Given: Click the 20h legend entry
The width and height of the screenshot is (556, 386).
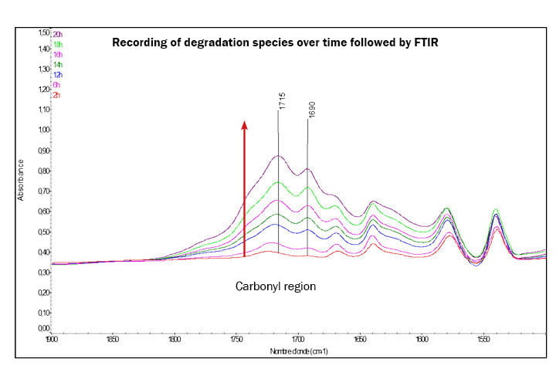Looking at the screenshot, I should coord(58,35).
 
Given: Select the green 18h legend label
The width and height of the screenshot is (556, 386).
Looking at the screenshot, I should coord(58,45).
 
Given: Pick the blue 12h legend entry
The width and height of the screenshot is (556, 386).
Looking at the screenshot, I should coord(58,74).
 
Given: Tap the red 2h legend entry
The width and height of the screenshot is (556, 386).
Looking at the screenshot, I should coord(56,94).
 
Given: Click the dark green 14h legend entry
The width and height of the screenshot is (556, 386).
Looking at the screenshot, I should coord(58,65).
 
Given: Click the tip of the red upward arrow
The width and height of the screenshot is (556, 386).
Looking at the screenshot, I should coord(245,123).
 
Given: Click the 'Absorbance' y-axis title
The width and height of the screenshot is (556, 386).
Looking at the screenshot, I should coord(21,181).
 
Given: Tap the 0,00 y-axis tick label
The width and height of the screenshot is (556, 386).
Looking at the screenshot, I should coord(43,329).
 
